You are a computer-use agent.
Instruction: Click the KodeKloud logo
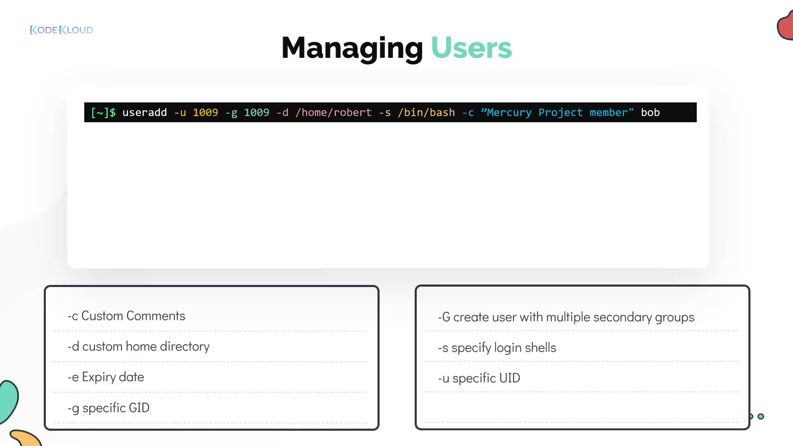[x=62, y=30]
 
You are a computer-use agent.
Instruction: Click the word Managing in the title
[x=352, y=49]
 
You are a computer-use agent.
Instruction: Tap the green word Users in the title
[x=471, y=48]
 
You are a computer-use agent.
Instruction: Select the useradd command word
[x=145, y=112]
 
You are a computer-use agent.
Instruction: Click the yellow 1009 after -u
[x=205, y=112]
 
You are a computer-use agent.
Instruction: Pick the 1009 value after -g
[x=256, y=112]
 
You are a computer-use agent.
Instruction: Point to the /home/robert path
[x=333, y=112]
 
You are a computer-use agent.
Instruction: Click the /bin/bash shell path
[x=426, y=112]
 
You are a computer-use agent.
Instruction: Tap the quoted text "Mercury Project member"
[x=557, y=112]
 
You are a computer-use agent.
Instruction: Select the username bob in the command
[x=650, y=112]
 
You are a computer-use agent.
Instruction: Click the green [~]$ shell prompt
[x=103, y=112]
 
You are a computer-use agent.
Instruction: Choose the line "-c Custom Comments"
[x=126, y=316]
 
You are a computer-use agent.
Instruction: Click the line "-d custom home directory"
[x=138, y=346]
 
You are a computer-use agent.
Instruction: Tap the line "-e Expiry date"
[x=106, y=377]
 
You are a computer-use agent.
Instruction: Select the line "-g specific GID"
[x=108, y=408]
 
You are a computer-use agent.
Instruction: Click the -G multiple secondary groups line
[x=566, y=317]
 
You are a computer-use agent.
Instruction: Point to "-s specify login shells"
[x=497, y=348]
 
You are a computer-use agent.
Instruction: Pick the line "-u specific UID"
[x=479, y=378]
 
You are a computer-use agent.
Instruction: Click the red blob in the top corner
[x=785, y=26]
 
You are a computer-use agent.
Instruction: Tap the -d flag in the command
[x=283, y=112]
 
